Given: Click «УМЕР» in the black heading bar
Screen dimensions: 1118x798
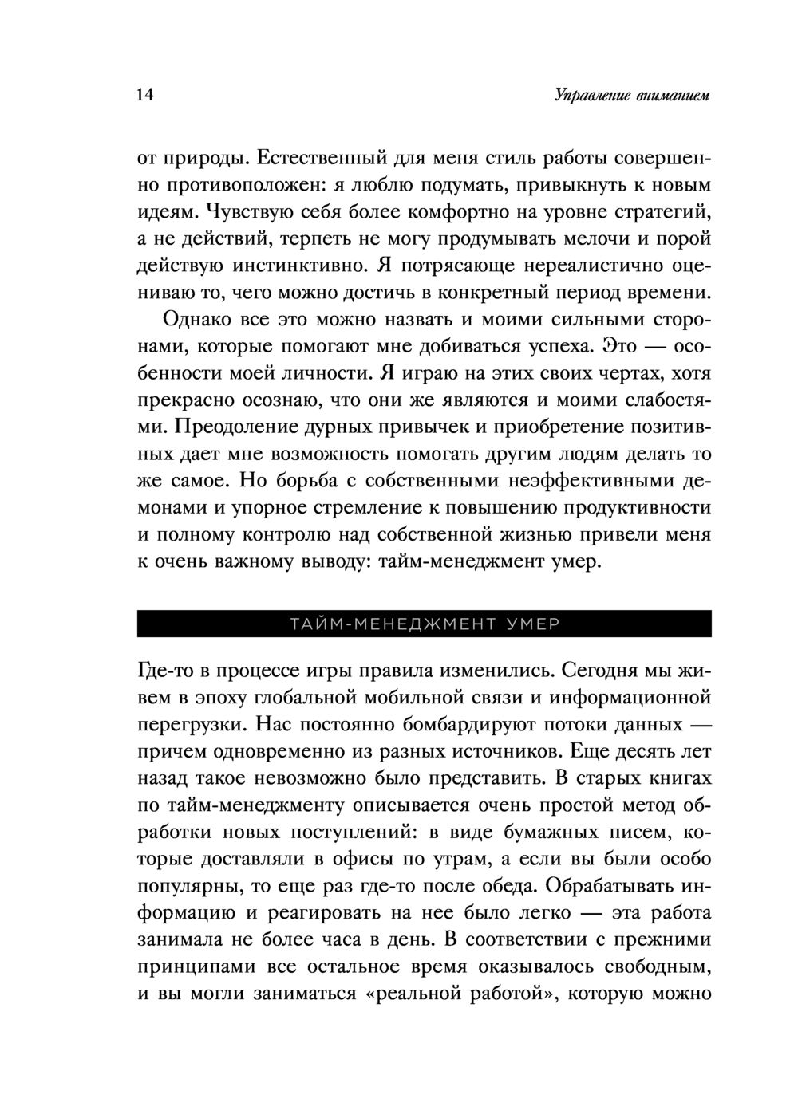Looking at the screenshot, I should [532, 624].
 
